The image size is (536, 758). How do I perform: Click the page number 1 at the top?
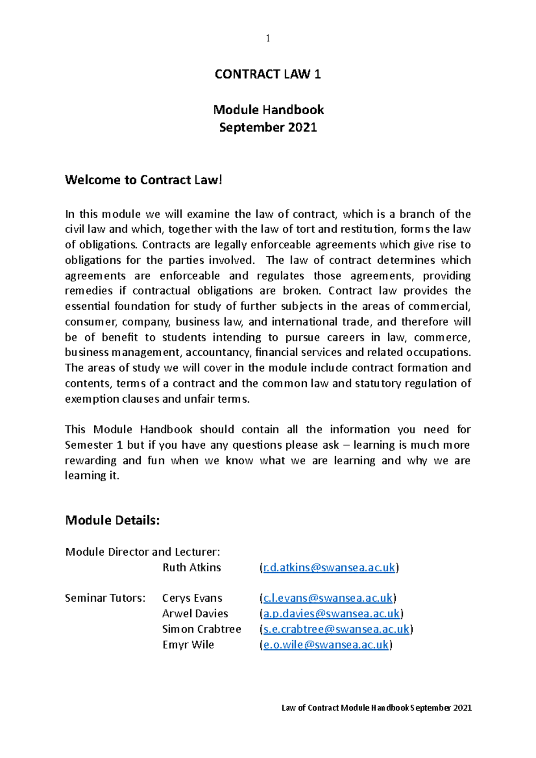point(268,38)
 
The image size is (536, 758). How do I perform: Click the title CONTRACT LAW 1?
point(268,74)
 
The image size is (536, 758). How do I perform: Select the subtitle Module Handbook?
point(268,109)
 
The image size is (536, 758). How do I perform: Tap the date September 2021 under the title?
point(268,127)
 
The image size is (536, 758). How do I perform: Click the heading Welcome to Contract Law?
point(143,180)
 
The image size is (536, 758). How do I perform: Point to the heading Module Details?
point(112,520)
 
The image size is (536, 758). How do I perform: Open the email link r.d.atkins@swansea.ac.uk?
point(329,567)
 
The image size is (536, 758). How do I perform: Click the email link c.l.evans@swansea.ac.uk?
point(328,598)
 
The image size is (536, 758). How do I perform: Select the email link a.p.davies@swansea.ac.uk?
point(331,614)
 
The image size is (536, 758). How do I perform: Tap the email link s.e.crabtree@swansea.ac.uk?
point(336,629)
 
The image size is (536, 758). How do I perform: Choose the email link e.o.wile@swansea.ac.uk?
point(326,645)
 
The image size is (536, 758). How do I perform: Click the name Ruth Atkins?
point(192,567)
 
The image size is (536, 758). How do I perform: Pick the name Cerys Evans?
point(192,598)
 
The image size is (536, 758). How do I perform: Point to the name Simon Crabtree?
point(201,629)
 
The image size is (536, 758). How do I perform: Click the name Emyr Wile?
point(188,645)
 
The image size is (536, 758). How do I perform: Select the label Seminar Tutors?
point(105,598)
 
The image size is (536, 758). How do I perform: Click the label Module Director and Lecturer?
point(142,552)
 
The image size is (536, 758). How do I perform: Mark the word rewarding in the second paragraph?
point(91,460)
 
